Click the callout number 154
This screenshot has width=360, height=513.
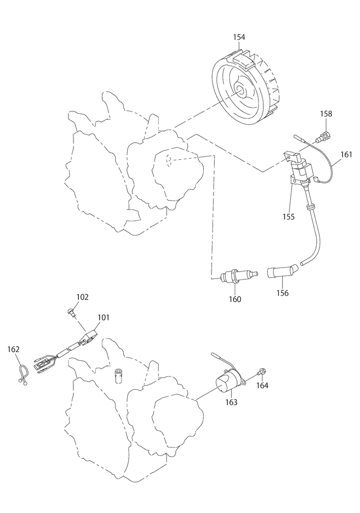pyautogui.click(x=239, y=37)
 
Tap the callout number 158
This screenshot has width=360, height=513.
pyautogui.click(x=326, y=114)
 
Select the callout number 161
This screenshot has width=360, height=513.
pyautogui.click(x=346, y=154)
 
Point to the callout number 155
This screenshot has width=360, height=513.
pyautogui.click(x=288, y=217)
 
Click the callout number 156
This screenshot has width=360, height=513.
pyautogui.click(x=283, y=293)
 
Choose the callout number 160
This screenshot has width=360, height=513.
pyautogui.click(x=235, y=299)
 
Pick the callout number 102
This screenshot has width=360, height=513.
pyautogui.click(x=82, y=297)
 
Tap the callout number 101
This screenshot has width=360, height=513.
pyautogui.click(x=104, y=317)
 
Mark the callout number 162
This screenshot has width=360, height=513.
pyautogui.click(x=13, y=349)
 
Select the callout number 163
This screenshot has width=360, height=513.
pyautogui.click(x=231, y=403)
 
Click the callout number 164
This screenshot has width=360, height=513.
pyautogui.click(x=262, y=386)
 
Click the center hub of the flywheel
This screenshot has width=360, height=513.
pyautogui.click(x=242, y=91)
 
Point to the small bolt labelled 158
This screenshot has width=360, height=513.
pyautogui.click(x=324, y=137)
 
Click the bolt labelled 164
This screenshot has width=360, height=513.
pyautogui.click(x=261, y=373)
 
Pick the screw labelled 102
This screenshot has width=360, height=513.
pyautogui.click(x=71, y=312)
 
